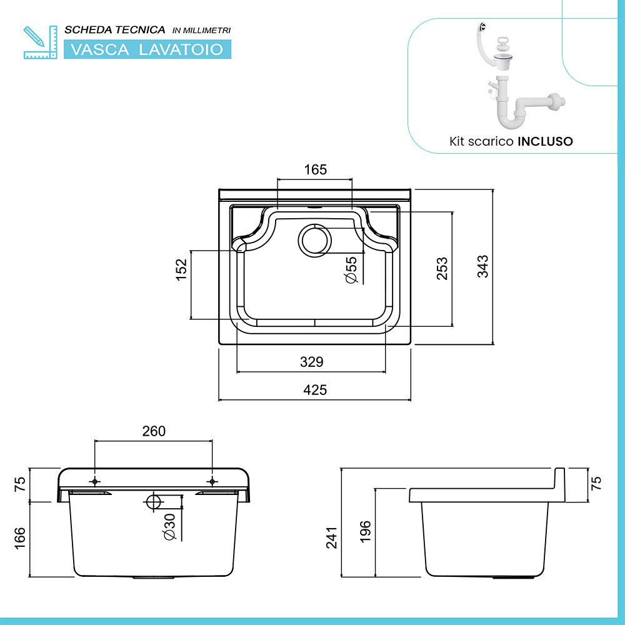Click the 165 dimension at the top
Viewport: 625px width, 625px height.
pos(315,169)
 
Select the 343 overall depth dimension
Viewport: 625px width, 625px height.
pos(482,267)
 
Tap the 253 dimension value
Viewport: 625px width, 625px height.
pos(442,268)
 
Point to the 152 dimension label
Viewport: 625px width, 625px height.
pos(181,270)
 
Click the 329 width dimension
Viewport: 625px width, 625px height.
pos(311,362)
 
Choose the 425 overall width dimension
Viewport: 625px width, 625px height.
pos(314,390)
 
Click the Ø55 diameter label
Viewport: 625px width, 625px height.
pos(351,270)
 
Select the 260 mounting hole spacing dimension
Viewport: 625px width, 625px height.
pos(153,431)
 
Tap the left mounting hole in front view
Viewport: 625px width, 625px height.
pos(95,481)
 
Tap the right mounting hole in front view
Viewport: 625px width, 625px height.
pos(211,481)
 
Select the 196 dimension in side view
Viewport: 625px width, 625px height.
pos(366,531)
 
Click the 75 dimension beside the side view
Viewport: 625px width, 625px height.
pos(596,484)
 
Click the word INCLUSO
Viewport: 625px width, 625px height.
pos(544,141)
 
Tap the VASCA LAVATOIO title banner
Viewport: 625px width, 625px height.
pos(147,49)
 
